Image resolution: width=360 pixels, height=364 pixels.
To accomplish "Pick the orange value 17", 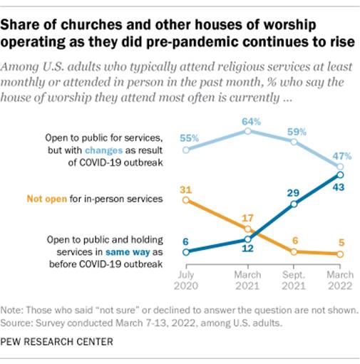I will click(247, 217).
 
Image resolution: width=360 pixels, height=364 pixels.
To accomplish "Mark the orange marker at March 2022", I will click(340, 254).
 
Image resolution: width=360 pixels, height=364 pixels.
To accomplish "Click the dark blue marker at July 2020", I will click(186, 251).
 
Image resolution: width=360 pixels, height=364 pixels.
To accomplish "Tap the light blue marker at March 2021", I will click(247, 131).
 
